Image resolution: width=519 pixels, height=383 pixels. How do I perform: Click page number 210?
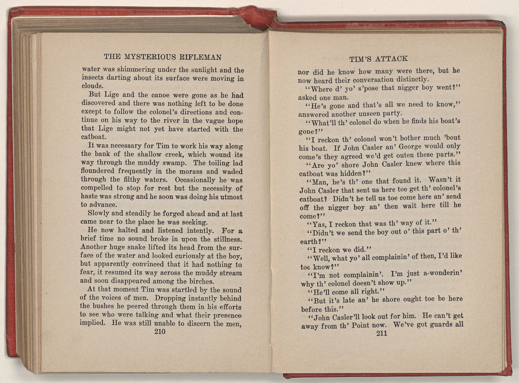click(160, 332)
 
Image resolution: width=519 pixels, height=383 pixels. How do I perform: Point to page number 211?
click(381, 334)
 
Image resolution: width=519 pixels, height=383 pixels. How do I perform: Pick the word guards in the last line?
click(440, 325)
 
